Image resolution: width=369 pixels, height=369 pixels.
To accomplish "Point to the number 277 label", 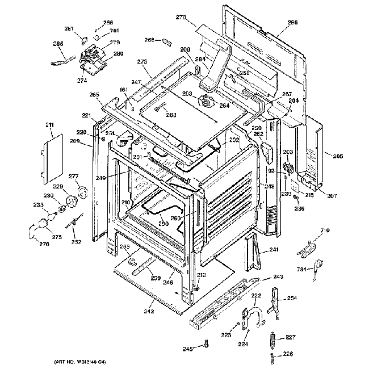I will [x=74, y=177].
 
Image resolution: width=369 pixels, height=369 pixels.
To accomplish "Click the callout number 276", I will [x=44, y=244].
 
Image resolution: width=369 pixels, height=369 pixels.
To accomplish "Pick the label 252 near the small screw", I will [x=76, y=241].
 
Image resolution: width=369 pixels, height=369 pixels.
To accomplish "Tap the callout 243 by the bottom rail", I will [x=278, y=276].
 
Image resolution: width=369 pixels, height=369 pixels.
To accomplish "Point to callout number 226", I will [x=288, y=355].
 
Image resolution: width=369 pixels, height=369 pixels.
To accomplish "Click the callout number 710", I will [x=325, y=230].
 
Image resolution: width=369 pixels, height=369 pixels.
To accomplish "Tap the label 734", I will [x=302, y=269].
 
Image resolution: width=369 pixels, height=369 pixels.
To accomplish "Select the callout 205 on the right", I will [x=338, y=156].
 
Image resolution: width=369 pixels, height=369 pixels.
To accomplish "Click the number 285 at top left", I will [x=58, y=43].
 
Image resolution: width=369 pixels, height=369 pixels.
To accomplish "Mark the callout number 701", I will [x=114, y=31].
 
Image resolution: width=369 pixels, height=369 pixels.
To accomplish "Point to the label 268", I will [x=149, y=40].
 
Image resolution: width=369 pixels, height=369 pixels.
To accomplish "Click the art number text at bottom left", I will [x=81, y=362].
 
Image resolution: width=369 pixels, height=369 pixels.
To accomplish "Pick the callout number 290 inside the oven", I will [x=163, y=223].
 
